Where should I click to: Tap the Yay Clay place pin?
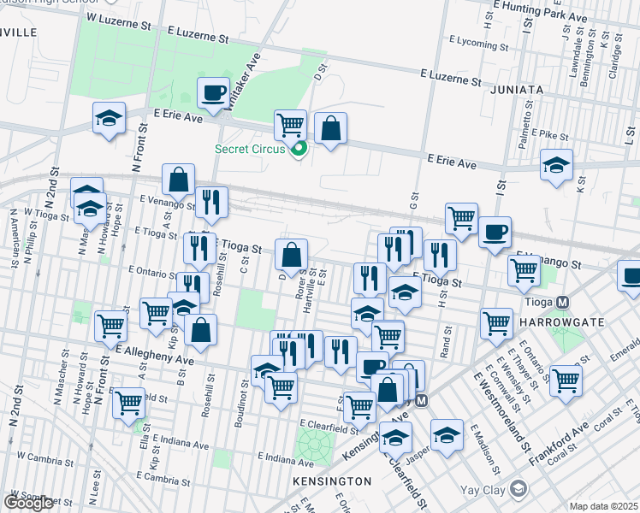(x=518, y=488)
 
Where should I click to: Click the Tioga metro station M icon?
(x=563, y=302)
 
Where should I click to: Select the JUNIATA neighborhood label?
(x=517, y=89)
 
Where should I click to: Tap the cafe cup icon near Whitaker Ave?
(x=213, y=92)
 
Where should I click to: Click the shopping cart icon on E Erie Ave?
(x=291, y=125)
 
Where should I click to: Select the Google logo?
(x=28, y=503)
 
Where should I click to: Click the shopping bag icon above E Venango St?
(x=178, y=180)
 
